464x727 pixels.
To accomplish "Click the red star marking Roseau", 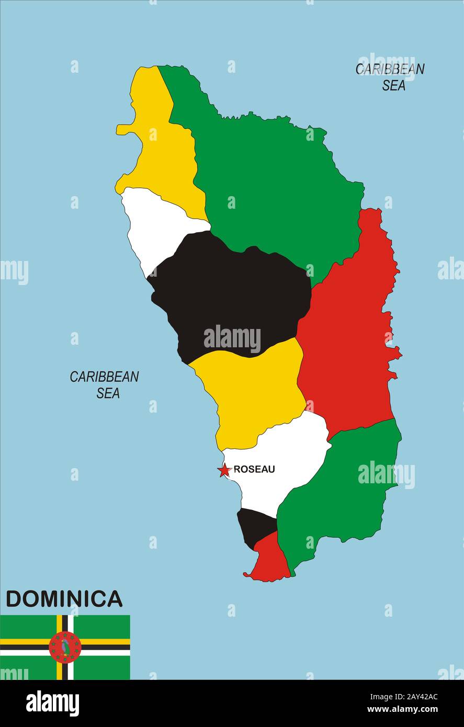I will click(224, 470).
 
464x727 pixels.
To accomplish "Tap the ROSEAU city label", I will click(254, 470).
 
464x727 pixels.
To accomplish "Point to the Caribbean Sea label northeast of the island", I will click(390, 77).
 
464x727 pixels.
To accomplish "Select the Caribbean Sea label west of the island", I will click(105, 384).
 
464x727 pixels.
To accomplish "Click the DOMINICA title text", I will click(64, 599).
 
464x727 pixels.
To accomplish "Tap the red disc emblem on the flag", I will click(65, 648).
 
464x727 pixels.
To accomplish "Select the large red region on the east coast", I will click(350, 335).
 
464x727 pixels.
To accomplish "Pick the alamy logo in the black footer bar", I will click(52, 703).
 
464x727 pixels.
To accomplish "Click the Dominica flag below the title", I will click(65, 648).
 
